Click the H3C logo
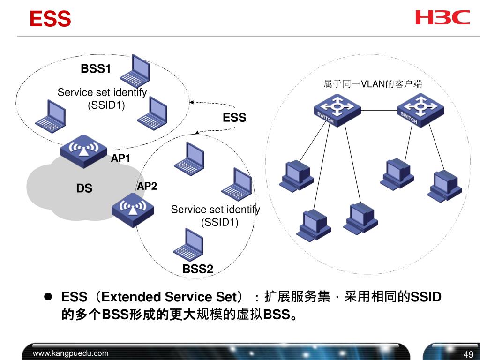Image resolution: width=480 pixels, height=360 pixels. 442,17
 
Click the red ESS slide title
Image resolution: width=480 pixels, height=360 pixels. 51,19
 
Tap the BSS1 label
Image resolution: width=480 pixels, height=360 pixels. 96,68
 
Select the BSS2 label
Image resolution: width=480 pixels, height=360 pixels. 198,269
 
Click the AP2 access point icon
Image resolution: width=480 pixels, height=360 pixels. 133,210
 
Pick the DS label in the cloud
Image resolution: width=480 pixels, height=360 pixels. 84,188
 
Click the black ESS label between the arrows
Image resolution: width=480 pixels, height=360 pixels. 234,118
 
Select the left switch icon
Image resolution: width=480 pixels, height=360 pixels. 337,110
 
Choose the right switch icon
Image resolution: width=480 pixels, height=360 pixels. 420,110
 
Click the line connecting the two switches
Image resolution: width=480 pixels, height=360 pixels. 379,110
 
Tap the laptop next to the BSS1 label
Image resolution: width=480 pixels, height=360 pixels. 135,71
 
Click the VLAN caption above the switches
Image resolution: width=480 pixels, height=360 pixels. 373,84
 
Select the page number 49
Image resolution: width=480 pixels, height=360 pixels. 468,354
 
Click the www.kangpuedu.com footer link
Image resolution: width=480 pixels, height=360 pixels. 71,353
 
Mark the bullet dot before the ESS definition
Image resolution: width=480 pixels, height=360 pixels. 48,296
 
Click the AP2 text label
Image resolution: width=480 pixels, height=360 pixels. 147,186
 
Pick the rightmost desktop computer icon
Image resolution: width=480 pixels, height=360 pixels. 444,186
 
